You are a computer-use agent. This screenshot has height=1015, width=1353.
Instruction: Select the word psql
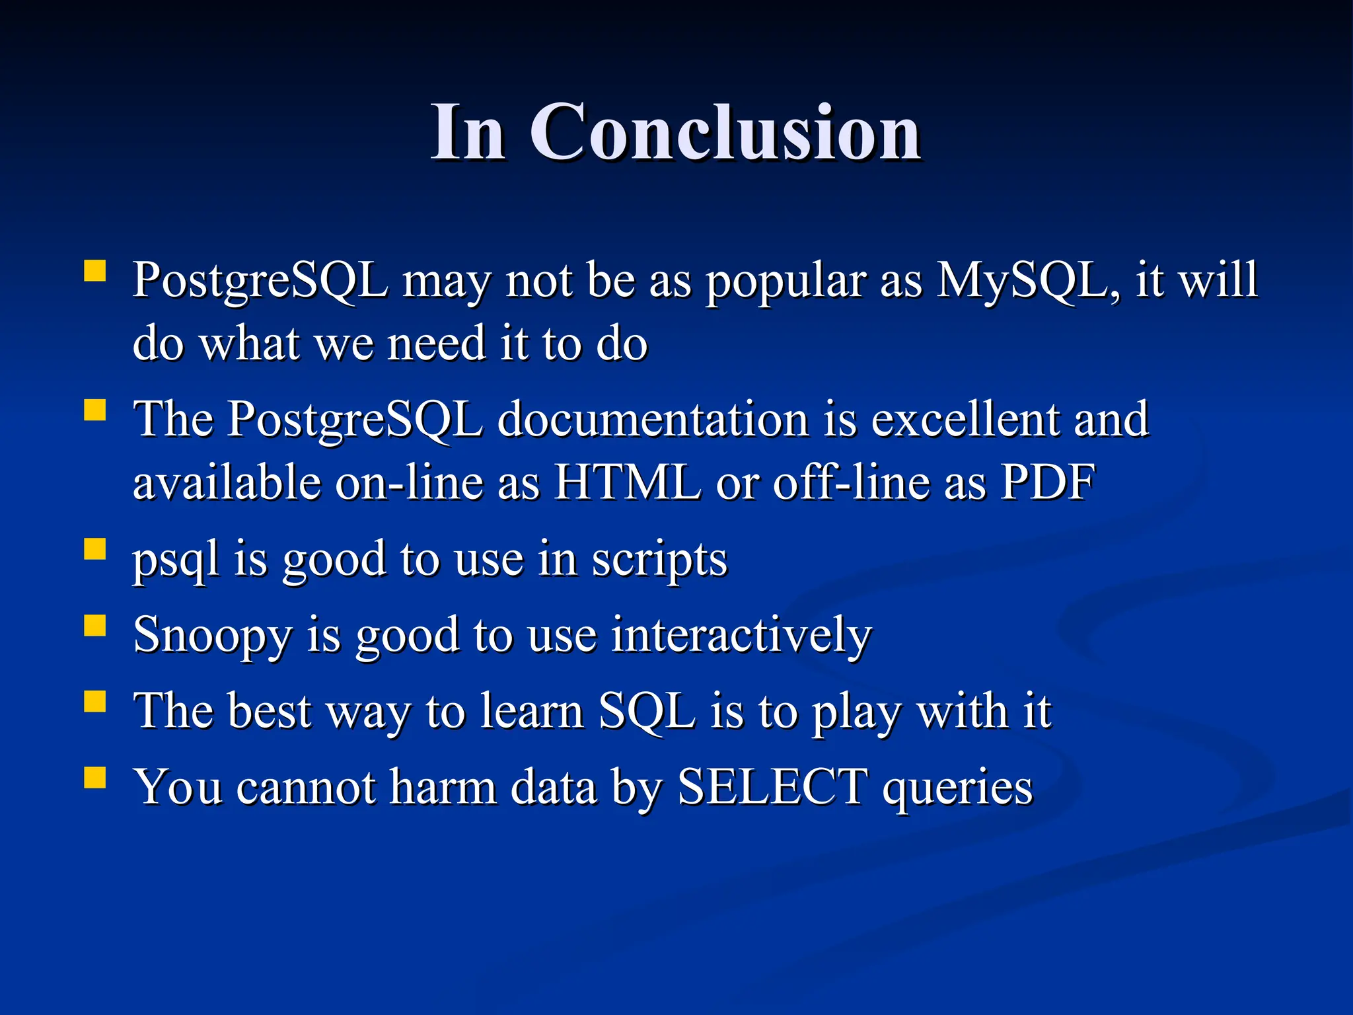176,560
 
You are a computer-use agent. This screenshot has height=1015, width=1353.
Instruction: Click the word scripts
659,560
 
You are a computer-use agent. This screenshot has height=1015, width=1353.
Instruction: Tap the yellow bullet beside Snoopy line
95,625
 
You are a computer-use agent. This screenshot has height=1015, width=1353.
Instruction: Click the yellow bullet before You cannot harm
95,777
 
